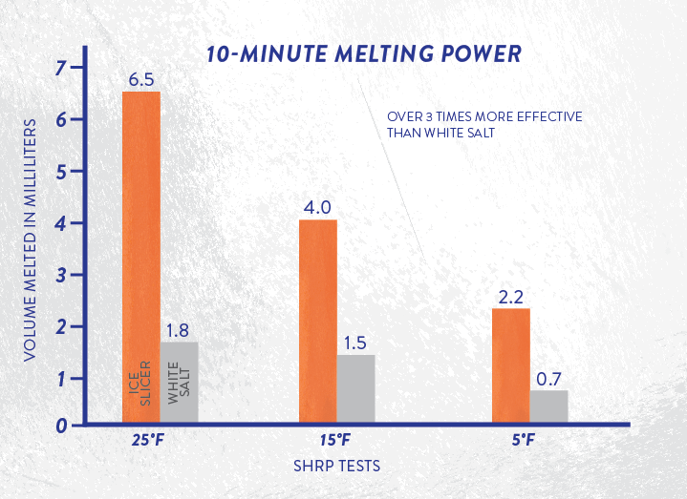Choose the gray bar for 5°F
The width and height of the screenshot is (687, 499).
(548, 406)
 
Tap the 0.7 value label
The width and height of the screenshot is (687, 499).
(548, 379)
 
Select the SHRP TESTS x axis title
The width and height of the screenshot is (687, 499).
(337, 467)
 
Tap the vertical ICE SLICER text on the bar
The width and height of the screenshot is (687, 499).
(140, 383)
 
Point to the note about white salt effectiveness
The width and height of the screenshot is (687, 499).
(483, 124)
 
